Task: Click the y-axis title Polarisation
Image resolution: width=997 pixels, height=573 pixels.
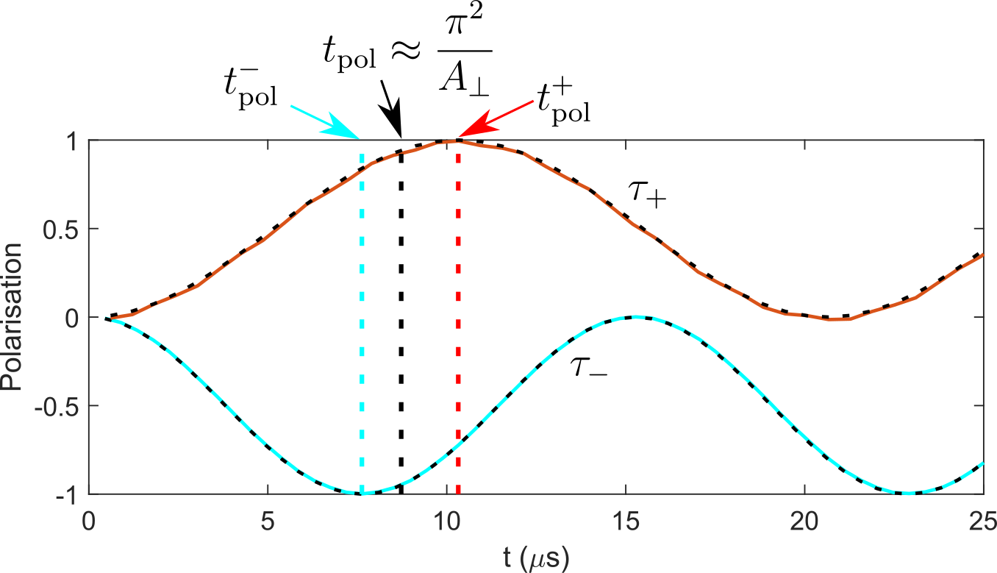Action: pos(12,317)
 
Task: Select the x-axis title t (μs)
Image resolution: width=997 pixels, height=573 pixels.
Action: pos(536,557)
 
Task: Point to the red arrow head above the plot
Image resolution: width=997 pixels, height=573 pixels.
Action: pos(475,127)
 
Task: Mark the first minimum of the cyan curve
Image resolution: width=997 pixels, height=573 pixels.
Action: pos(362,493)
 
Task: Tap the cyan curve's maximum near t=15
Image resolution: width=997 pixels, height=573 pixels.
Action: pos(636,317)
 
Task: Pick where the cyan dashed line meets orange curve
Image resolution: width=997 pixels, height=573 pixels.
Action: pos(362,170)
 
